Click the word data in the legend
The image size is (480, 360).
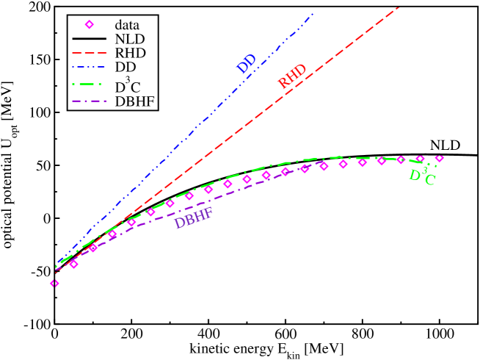click(127, 24)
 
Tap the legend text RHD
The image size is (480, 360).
click(130, 53)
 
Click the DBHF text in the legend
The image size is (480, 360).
click(134, 101)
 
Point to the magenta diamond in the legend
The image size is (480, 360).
click(90, 24)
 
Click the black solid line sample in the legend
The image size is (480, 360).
click(90, 38)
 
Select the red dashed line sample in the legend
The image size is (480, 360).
click(90, 53)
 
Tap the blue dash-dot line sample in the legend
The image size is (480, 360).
click(90, 68)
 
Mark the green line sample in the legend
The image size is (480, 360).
click(90, 85)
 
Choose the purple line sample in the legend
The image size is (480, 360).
click(90, 101)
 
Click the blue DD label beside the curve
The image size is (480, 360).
click(246, 63)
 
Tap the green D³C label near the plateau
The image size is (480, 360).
click(422, 176)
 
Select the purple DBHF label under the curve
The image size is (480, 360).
click(194, 218)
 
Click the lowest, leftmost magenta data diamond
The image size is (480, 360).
click(54, 283)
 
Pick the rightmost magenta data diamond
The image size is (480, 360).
click(439, 158)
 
